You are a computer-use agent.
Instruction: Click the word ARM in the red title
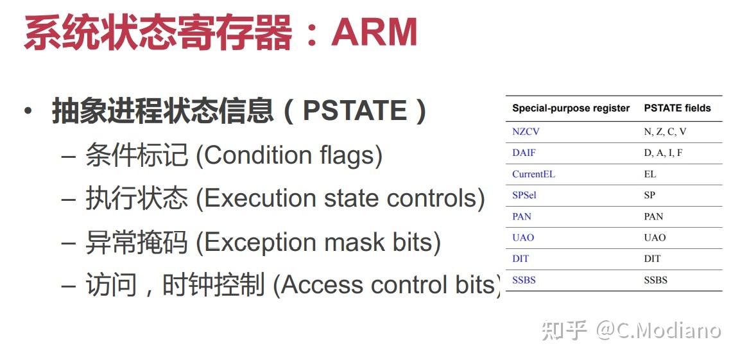pyautogui.click(x=374, y=31)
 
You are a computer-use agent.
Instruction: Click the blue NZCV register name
pyautogui.click(x=525, y=132)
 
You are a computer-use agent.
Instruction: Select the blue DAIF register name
pyautogui.click(x=524, y=153)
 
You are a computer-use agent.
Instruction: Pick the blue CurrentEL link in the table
pyautogui.click(x=533, y=174)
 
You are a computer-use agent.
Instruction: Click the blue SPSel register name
pyautogui.click(x=524, y=195)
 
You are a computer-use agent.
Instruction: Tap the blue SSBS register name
pyautogui.click(x=524, y=280)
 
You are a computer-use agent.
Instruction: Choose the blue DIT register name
pyautogui.click(x=520, y=259)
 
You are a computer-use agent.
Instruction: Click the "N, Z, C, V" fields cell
pyautogui.click(x=665, y=132)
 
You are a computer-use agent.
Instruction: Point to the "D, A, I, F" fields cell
pyautogui.click(x=662, y=153)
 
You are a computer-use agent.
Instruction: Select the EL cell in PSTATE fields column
pyautogui.click(x=650, y=174)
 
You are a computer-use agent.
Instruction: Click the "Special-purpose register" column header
pyautogui.click(x=571, y=108)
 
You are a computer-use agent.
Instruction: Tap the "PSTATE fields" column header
pyautogui.click(x=677, y=108)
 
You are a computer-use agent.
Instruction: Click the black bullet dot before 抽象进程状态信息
pyautogui.click(x=29, y=112)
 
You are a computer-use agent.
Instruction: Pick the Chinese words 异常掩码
pyautogui.click(x=137, y=241)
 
